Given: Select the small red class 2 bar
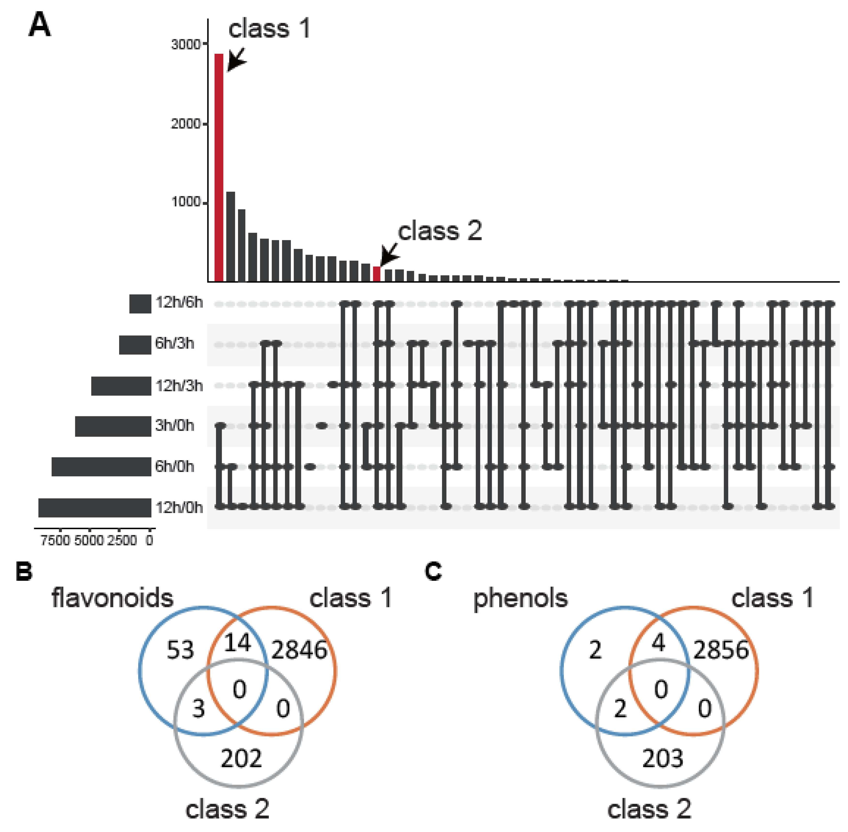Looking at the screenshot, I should pyautogui.click(x=376, y=274).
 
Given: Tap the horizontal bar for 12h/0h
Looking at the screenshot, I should pyautogui.click(x=95, y=508).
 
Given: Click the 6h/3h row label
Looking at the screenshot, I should pyautogui.click(x=174, y=343).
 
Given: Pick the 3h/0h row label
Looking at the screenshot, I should pyautogui.click(x=174, y=425).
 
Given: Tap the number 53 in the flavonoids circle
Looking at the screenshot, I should pyautogui.click(x=180, y=650).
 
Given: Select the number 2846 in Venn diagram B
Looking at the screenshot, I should pyautogui.click(x=299, y=650).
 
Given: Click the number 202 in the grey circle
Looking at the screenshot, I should pyautogui.click(x=241, y=758).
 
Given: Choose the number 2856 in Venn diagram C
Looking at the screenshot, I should pyautogui.click(x=721, y=650).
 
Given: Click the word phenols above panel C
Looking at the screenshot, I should pyautogui.click(x=520, y=598).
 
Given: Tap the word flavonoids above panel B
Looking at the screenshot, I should pyautogui.click(x=112, y=598).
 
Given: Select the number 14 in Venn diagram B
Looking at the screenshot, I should pyautogui.click(x=237, y=643).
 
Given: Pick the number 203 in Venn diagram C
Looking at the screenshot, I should pyautogui.click(x=662, y=758).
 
